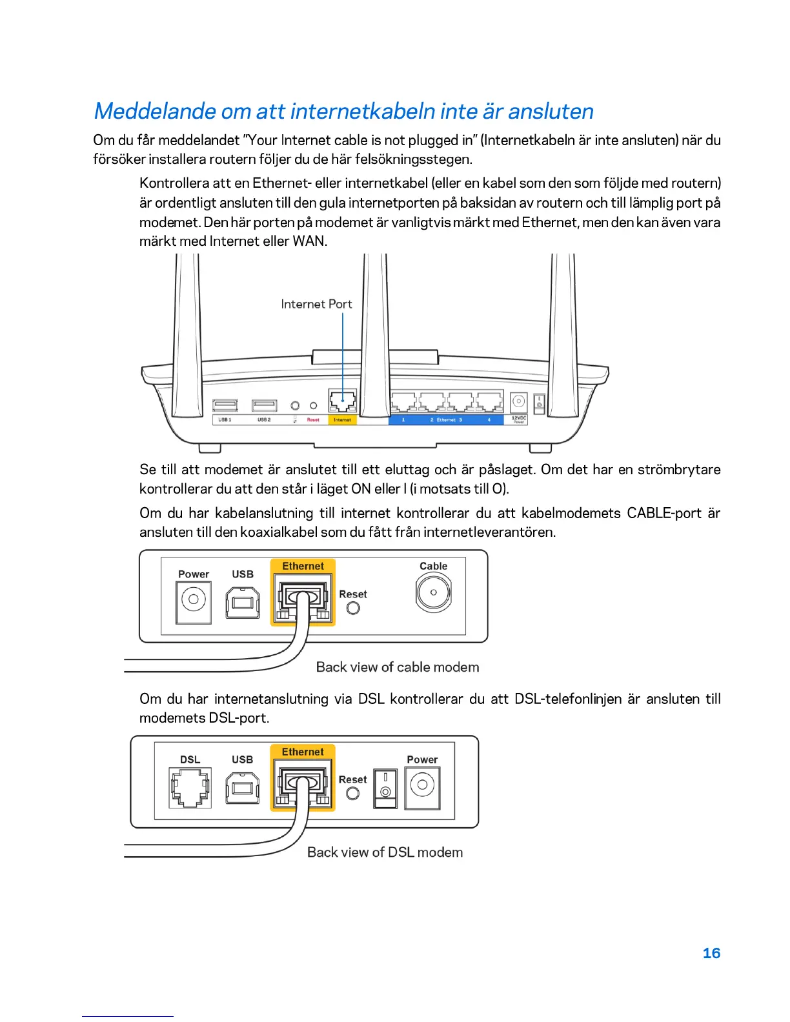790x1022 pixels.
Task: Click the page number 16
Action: [711, 953]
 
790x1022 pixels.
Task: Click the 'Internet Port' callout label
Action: [316, 304]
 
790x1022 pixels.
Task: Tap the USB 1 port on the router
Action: [225, 405]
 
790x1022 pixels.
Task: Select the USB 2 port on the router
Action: [265, 405]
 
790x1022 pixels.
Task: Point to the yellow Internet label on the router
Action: [342, 420]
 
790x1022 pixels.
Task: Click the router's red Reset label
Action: [313, 420]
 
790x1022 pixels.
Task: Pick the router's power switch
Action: [539, 404]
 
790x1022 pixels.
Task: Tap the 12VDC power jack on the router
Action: [519, 402]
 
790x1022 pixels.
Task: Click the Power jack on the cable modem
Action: [194, 600]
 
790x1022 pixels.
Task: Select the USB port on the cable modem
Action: [243, 603]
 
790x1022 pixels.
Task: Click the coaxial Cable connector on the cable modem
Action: [433, 592]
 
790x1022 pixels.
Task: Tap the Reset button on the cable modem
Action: [353, 608]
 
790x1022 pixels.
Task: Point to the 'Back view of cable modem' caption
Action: [398, 667]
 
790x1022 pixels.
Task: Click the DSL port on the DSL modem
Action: [190, 787]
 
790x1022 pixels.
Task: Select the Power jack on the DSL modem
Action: [422, 786]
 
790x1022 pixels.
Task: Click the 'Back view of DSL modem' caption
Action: [385, 852]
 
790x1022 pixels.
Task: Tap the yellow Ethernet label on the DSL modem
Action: [303, 752]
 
